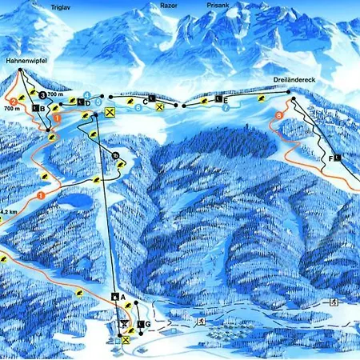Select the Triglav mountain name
point(61,6)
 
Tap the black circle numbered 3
point(42,94)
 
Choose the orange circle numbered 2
point(12,100)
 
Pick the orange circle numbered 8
point(278,117)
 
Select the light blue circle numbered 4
point(86,94)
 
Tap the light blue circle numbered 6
point(138,106)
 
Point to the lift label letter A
point(122,297)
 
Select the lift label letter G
point(149,323)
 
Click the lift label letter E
point(226,99)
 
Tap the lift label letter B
point(40,108)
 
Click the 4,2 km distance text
point(9,211)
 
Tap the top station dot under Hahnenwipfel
point(18,70)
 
